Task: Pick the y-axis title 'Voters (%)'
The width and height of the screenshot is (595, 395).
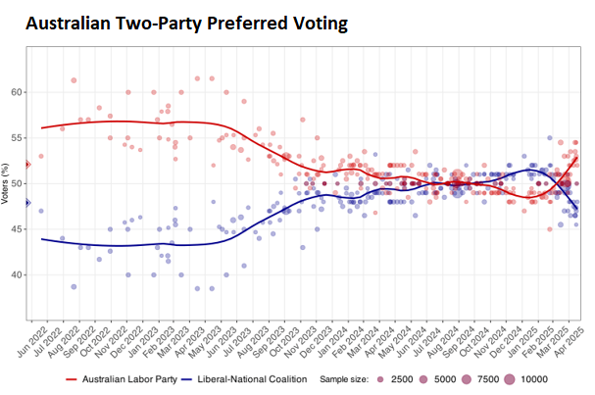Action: pos(7,184)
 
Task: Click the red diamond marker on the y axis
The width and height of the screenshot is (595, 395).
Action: pos(27,164)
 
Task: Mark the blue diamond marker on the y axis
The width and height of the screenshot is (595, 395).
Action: pos(27,203)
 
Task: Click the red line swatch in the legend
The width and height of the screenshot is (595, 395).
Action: pos(72,378)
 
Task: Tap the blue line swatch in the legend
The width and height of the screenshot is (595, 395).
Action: pos(186,378)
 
